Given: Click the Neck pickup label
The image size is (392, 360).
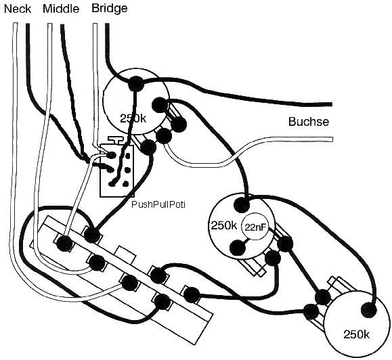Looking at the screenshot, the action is click(18, 9).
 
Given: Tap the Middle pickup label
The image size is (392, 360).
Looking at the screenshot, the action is click(61, 9).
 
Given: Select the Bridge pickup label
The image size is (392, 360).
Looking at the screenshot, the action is click(110, 9).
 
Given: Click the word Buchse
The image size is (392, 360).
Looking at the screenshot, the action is click(309, 122).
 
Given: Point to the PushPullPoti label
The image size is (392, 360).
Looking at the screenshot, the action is click(158, 204).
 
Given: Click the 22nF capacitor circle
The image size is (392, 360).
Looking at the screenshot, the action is click(255, 227).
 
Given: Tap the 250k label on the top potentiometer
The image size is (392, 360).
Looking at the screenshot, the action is click(133, 118).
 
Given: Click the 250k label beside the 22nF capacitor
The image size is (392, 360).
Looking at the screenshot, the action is click(223, 225).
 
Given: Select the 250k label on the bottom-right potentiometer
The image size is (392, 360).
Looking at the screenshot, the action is click(356, 334).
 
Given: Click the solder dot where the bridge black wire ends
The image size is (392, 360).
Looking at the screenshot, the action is click(136, 84).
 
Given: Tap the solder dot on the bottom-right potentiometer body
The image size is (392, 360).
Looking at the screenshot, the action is click(368, 310).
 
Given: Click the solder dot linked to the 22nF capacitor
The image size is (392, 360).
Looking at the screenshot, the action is click(238, 248).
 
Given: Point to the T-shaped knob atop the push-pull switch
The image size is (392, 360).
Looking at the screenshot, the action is click(116, 140).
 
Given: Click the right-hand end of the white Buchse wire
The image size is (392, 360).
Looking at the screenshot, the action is click(332, 139).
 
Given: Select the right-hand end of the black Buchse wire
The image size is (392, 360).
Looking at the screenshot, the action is click(331, 104).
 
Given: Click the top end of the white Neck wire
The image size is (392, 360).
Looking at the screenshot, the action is click(15, 24).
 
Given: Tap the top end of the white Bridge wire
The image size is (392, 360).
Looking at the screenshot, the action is click(95, 24).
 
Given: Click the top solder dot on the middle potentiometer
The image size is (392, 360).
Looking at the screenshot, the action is click(242, 205).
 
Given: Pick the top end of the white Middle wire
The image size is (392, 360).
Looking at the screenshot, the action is click(49, 24).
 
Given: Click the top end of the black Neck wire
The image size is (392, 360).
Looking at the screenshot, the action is click(28, 24).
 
